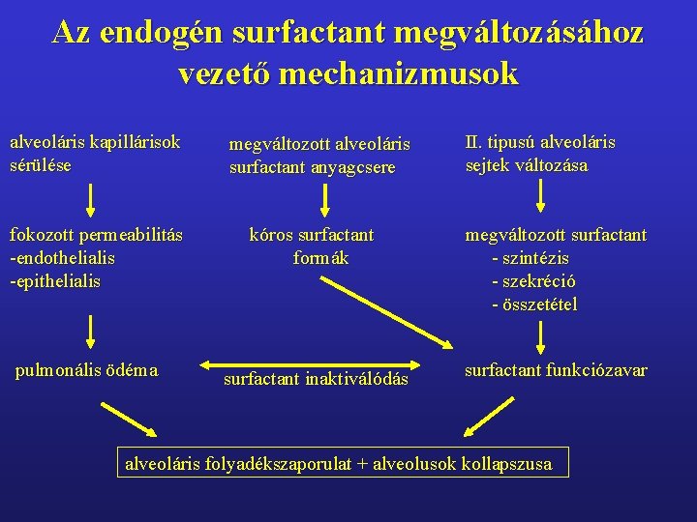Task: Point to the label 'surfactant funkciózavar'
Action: (556, 370)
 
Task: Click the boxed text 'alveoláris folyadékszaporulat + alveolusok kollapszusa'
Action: (340, 464)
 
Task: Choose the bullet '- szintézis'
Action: (530, 258)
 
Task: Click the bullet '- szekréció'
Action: (533, 281)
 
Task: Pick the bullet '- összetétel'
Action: (534, 304)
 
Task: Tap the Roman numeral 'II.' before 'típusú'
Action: (473, 143)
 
